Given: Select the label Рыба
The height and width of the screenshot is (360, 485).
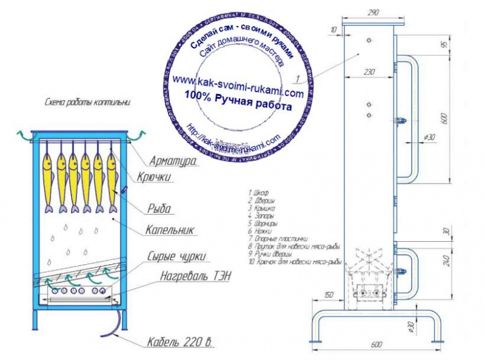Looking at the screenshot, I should [159, 209].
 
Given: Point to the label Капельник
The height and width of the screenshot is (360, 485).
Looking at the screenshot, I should [169, 230].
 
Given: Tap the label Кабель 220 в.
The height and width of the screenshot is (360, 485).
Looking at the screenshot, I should [181, 343].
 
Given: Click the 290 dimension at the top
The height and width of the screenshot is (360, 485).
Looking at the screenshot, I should [373, 12].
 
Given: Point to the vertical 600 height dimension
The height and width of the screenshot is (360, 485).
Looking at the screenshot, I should [444, 119].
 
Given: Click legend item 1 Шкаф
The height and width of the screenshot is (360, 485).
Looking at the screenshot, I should [258, 192].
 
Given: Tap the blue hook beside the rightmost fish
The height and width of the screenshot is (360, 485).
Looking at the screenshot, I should [125, 190].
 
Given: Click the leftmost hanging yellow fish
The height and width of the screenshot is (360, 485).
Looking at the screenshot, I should [47, 179].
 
